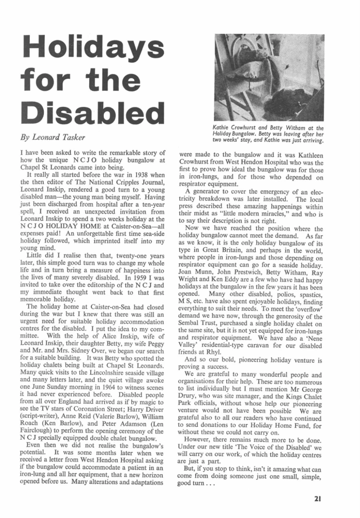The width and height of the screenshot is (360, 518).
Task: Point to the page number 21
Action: tap(318, 498)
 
